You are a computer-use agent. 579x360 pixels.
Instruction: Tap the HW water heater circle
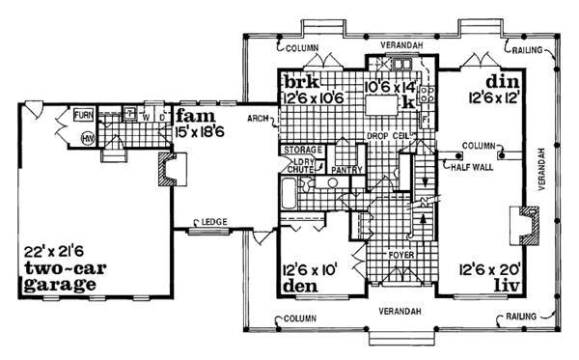(x=86, y=137)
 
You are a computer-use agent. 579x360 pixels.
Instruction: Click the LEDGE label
(x=214, y=222)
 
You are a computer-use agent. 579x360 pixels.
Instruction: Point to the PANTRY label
(x=344, y=169)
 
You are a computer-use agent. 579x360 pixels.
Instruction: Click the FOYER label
(x=401, y=256)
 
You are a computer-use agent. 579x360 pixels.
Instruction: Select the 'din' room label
(x=503, y=80)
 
